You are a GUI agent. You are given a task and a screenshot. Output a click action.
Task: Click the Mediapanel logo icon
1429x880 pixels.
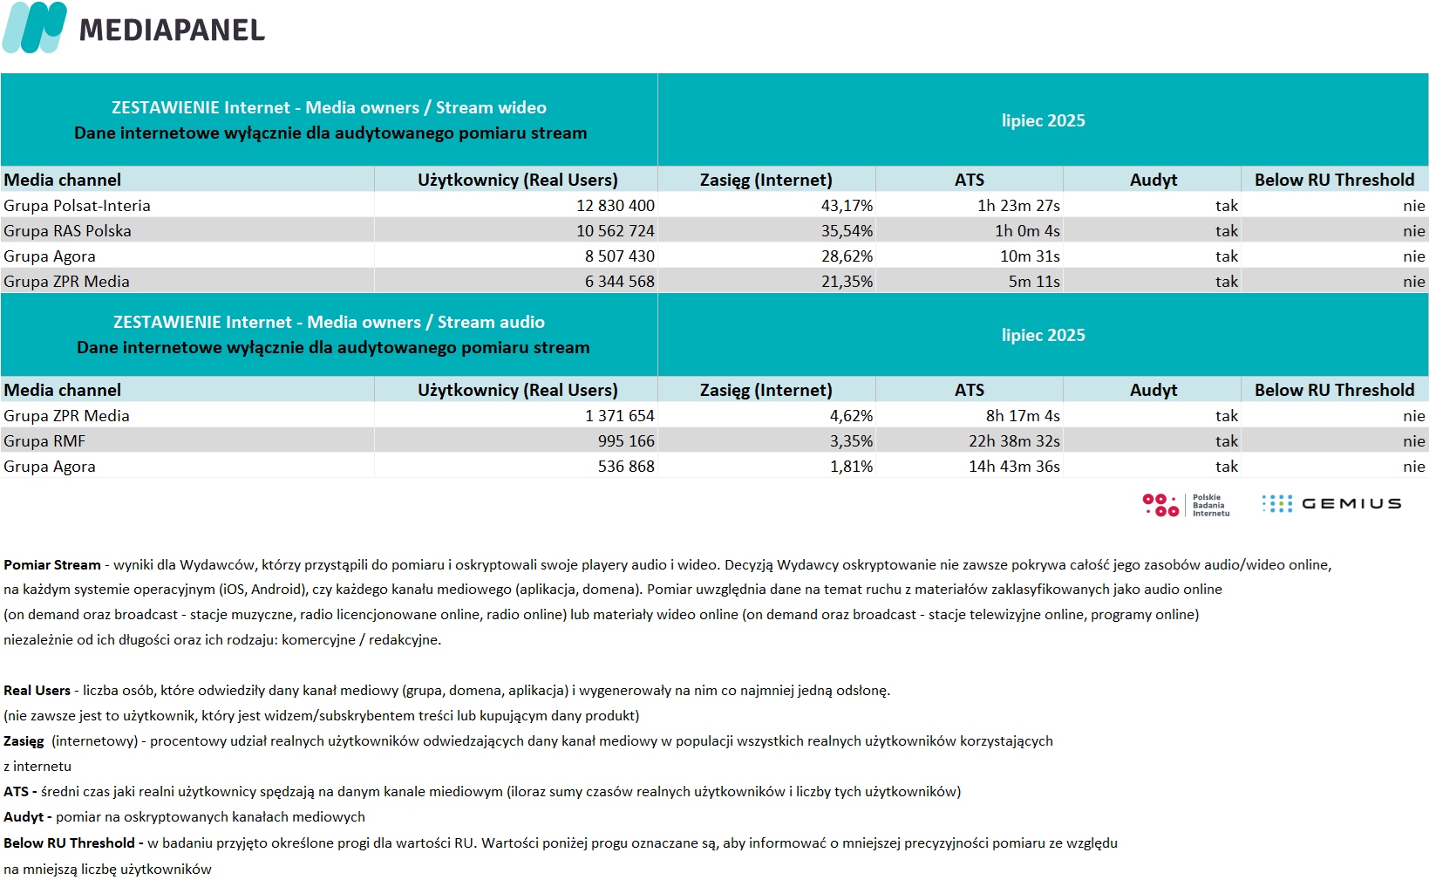coord(35,28)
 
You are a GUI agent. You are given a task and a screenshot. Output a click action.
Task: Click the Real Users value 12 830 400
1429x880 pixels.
coord(615,206)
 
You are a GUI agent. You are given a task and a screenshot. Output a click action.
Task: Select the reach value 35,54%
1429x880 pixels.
coord(847,231)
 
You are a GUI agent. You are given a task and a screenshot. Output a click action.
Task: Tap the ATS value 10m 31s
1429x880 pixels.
coord(1030,256)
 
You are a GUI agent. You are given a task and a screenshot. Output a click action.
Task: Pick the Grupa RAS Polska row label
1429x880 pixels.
coord(67,231)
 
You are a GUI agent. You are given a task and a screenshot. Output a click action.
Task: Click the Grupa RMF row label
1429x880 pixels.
coord(44,441)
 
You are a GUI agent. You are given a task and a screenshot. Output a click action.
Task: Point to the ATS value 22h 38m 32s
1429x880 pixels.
coord(1014,441)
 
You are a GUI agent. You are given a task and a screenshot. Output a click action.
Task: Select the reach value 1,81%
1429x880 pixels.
coord(851,467)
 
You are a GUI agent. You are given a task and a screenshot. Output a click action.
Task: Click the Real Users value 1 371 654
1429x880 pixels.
coord(619,416)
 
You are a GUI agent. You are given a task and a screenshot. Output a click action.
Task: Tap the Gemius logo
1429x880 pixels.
coord(1331,504)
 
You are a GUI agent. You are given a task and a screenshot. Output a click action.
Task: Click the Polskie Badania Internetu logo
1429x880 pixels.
coord(1186,505)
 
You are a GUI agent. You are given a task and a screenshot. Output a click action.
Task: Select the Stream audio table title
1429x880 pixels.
coord(329,322)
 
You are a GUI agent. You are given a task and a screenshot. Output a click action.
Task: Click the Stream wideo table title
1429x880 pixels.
coord(329,107)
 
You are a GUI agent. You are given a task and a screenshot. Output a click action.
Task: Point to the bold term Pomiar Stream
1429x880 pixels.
coord(51,565)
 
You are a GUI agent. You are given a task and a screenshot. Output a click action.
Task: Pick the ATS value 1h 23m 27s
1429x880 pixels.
coord(1018,206)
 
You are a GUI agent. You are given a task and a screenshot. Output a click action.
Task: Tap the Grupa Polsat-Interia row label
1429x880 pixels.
coord(77,206)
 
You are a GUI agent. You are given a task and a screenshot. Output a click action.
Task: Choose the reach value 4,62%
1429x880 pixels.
coord(851,416)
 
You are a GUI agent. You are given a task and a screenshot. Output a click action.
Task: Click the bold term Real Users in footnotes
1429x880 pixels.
coord(37,691)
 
